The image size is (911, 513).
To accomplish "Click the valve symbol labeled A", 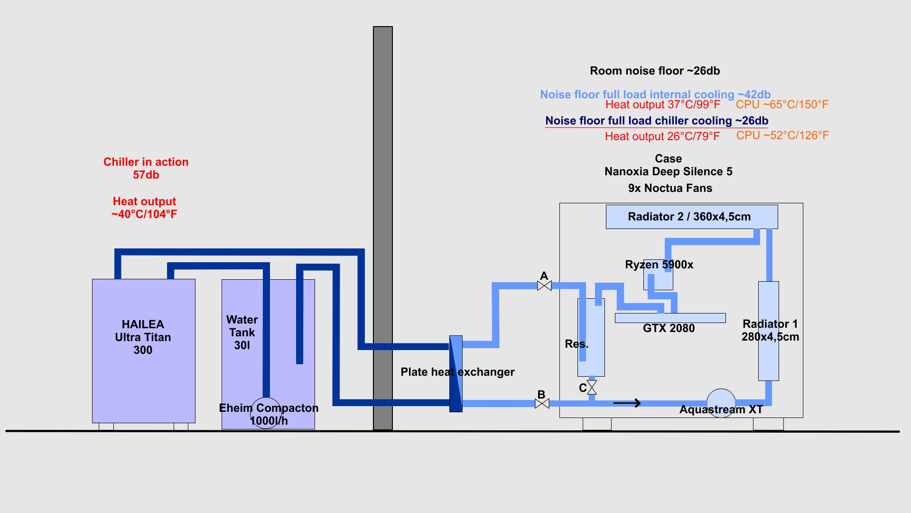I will coord(544,285).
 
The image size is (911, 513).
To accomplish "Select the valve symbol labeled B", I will coord(542,404).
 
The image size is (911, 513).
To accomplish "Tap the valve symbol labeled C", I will coord(592,388).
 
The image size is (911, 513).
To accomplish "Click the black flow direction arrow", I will coord(627,403).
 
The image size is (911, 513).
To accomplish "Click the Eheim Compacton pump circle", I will coord(266,413).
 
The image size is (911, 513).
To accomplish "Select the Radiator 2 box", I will coord(691,217).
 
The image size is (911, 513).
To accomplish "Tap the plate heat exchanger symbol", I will coord(455,374).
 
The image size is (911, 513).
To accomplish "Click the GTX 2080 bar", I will coord(670,318).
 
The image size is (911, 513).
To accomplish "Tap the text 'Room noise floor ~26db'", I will coord(655,71).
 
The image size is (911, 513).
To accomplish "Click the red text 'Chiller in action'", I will coord(146,162).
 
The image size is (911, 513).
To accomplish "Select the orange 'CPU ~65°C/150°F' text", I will coord(782,104).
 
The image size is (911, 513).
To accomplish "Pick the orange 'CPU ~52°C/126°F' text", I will coord(782,135).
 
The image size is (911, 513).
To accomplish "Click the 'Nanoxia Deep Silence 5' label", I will coord(668,171).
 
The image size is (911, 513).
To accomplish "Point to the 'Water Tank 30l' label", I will coord(242,332).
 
